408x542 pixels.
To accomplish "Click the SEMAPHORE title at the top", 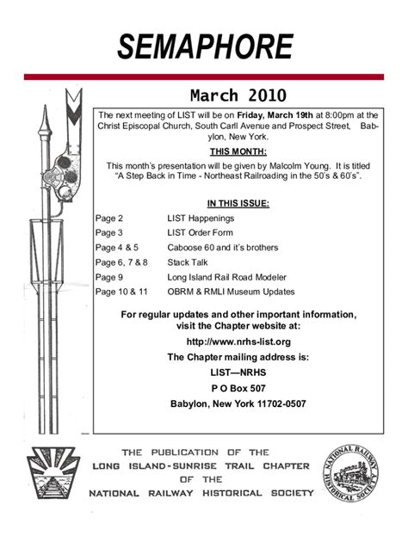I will [x=204, y=46].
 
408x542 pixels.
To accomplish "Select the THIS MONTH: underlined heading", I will [x=238, y=151].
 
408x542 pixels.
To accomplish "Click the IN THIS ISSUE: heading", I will [x=238, y=203].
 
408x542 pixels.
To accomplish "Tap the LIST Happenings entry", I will [x=201, y=219].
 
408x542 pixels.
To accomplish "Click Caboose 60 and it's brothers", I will [x=223, y=248].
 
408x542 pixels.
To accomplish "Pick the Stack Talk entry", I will [x=187, y=262].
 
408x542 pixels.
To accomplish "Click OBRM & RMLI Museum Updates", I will [x=231, y=292].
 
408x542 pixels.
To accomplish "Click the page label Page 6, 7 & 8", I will [x=122, y=262].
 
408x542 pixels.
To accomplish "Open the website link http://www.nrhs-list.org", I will [x=238, y=342].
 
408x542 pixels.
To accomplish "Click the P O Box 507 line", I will [x=238, y=388].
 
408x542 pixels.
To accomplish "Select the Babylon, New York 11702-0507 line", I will [x=238, y=403].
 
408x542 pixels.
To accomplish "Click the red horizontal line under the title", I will [x=204, y=77].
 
